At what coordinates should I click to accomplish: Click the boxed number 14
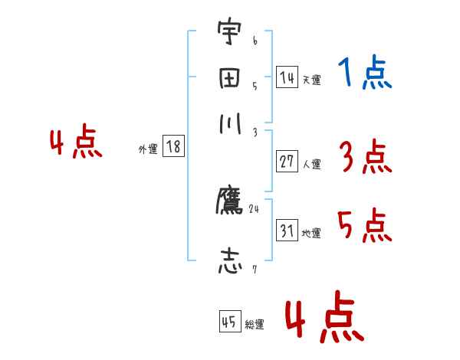(x=287, y=77)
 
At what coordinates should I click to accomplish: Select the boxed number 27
(x=287, y=162)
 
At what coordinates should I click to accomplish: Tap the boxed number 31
(x=287, y=231)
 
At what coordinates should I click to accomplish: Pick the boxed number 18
(x=174, y=147)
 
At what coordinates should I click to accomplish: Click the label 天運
(x=310, y=80)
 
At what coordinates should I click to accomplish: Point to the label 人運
(x=311, y=164)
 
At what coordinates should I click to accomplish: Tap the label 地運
(x=311, y=233)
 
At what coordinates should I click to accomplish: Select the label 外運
(x=147, y=149)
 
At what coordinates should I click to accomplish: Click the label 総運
(x=255, y=324)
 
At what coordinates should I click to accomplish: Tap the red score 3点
(x=365, y=159)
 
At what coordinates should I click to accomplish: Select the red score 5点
(x=365, y=227)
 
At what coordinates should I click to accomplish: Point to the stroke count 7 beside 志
(x=254, y=268)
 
